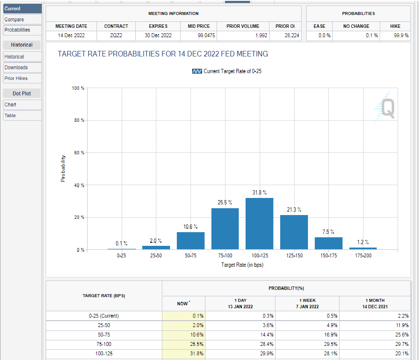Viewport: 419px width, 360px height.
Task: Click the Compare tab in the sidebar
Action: [15, 20]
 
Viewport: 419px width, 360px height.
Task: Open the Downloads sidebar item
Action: [16, 68]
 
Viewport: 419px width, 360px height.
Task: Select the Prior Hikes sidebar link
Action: [16, 78]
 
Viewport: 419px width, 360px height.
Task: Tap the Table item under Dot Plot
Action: [11, 115]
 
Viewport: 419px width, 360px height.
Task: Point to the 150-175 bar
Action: [328, 243]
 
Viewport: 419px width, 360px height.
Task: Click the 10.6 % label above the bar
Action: [190, 227]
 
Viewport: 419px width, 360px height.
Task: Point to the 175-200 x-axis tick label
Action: [363, 255]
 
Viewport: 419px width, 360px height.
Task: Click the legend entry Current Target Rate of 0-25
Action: [227, 71]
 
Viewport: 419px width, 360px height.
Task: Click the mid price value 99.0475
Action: [199, 36]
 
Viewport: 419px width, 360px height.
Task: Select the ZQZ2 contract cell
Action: [116, 36]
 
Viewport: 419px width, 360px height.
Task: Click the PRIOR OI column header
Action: [285, 26]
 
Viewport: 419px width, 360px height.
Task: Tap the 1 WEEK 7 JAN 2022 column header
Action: [308, 304]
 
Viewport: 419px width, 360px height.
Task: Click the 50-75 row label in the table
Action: [104, 335]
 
